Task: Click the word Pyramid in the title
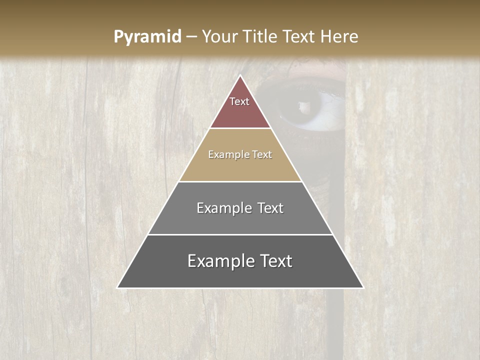[147, 37]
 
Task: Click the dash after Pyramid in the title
[191, 37]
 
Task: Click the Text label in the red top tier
[239, 101]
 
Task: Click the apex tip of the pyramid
[240, 76]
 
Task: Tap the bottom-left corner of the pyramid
[118, 287]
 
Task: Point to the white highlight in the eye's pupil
[303, 106]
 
